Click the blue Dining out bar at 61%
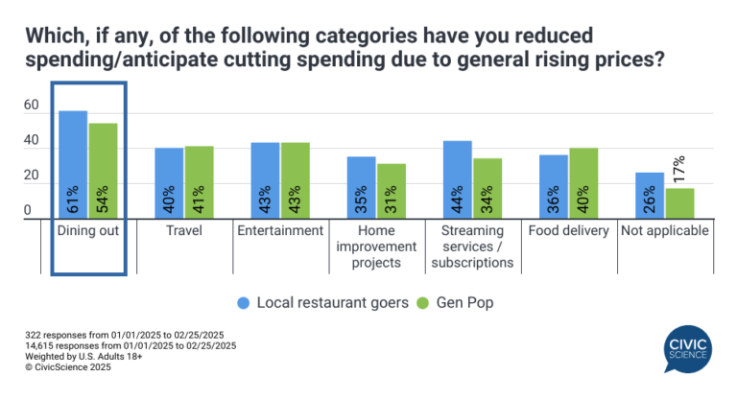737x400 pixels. click(x=73, y=165)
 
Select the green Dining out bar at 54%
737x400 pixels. click(x=103, y=171)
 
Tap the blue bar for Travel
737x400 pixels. click(x=169, y=183)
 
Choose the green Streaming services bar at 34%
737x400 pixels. click(x=487, y=189)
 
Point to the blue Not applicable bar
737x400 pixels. click(x=649, y=196)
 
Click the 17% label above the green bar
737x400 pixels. click(x=679, y=170)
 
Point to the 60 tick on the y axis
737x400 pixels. click(x=32, y=106)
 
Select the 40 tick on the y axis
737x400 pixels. click(x=32, y=142)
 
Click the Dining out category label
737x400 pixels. click(x=88, y=231)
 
